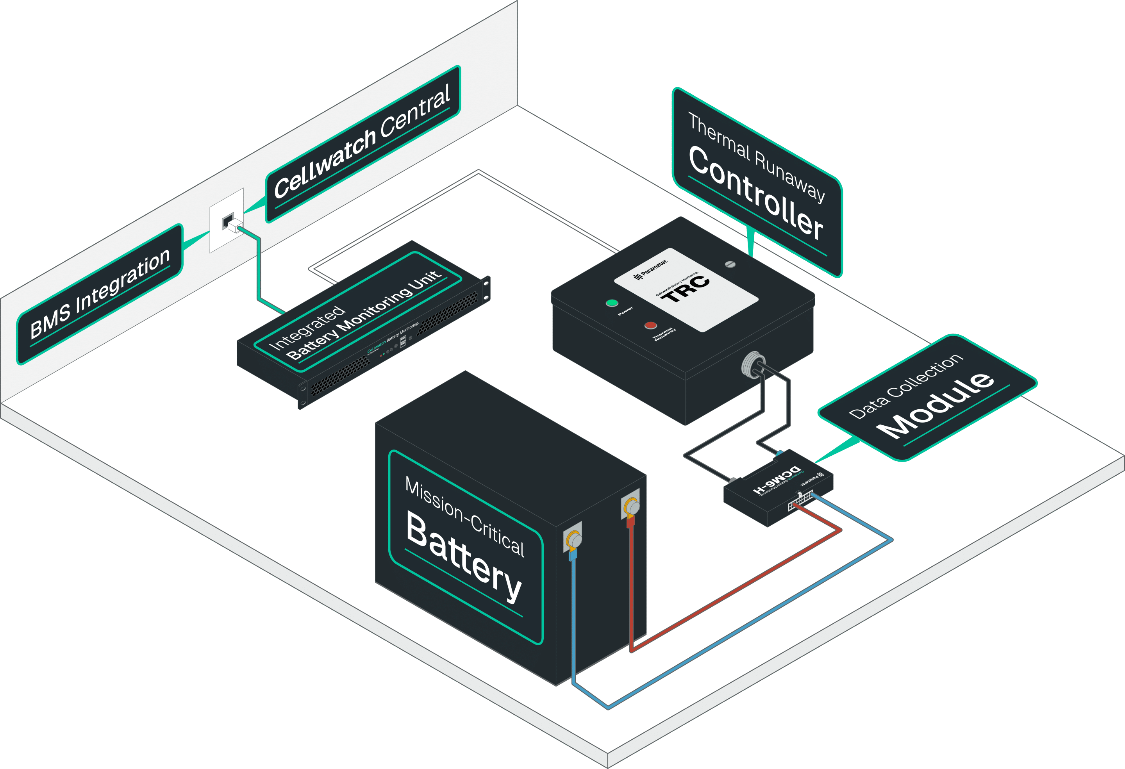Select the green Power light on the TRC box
coord(612,303)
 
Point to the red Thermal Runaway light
coord(651,325)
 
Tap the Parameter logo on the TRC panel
coord(651,269)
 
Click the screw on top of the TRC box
coord(730,264)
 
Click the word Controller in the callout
coord(755,194)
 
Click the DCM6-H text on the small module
coord(777,480)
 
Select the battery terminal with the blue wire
coord(573,538)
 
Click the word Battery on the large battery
coord(464,556)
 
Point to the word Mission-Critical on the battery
coord(464,516)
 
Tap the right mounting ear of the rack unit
coord(486,289)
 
